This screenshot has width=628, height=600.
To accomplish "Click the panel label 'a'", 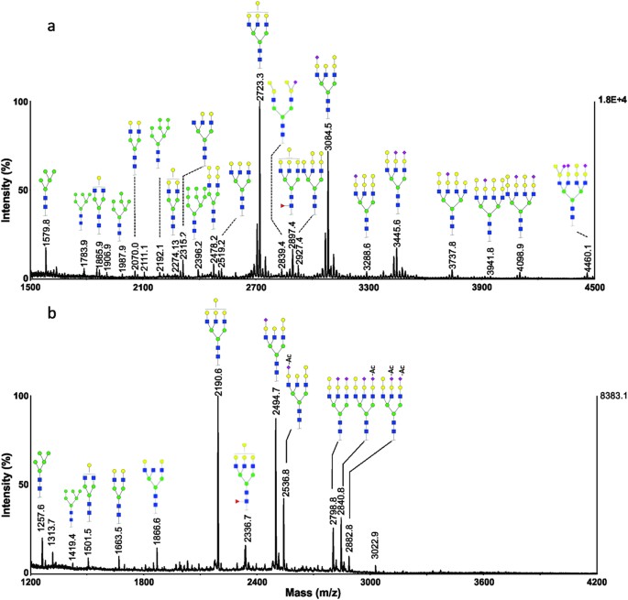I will (53, 28).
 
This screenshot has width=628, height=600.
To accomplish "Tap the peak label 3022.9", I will (375, 550).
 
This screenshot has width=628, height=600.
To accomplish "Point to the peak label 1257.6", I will (42, 521).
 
